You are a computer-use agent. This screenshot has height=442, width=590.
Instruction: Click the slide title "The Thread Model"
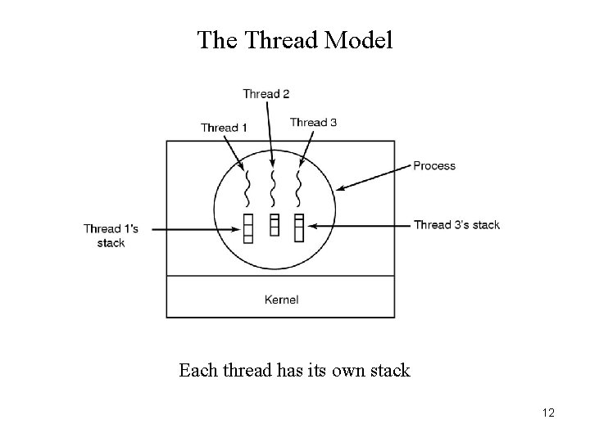point(295,40)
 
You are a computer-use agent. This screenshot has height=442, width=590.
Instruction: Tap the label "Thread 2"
point(265,94)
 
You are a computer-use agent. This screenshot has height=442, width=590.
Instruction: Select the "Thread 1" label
point(224,128)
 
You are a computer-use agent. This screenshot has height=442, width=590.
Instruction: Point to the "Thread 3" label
point(313,123)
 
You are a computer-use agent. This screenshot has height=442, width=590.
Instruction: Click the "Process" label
point(434,166)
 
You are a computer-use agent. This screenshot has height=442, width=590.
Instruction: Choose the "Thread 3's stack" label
point(456,225)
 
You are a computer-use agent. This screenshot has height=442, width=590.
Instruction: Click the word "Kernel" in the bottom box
point(281,300)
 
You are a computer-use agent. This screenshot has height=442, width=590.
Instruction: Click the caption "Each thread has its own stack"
point(294,371)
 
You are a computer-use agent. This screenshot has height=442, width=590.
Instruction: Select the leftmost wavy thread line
point(247,188)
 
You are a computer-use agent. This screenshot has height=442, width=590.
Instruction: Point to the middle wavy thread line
point(274,188)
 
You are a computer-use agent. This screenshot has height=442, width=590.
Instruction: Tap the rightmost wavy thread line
point(298,188)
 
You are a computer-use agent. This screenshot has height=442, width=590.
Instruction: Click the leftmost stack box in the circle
point(247,227)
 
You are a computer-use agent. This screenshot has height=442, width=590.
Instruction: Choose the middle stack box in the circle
point(274,224)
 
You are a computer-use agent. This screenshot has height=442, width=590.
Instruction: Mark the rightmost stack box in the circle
point(298,227)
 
